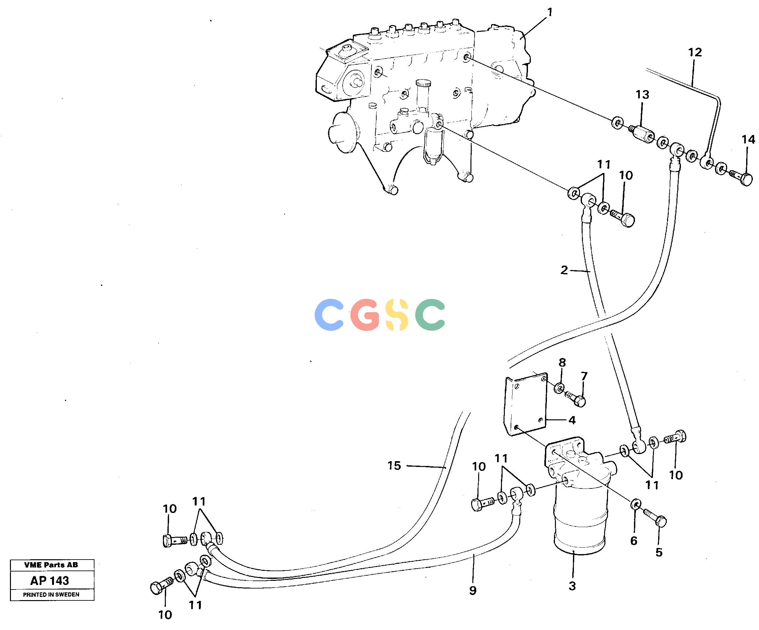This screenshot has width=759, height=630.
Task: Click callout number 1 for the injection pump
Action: pos(550,13)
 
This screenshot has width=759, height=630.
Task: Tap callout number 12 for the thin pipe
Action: pos(695,52)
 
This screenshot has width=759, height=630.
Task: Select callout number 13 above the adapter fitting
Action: pos(642,95)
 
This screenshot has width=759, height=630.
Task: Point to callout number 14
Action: pos(748,139)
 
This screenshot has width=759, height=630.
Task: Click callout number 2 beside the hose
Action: pos(564,270)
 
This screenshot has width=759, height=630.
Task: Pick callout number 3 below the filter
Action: pos(572,586)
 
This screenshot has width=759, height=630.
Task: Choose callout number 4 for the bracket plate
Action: pos(572,420)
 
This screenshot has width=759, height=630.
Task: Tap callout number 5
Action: pos(659,552)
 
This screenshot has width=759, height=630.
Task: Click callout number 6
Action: pos(634,541)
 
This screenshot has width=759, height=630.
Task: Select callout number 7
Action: pos(584,376)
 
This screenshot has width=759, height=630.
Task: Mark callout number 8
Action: pos(562,362)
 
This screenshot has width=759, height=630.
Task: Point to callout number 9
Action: pos(473,590)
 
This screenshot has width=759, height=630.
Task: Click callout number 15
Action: pos(394,466)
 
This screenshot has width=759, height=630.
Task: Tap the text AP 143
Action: pos(49,581)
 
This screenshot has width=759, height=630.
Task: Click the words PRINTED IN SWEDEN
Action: pos(51,595)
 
